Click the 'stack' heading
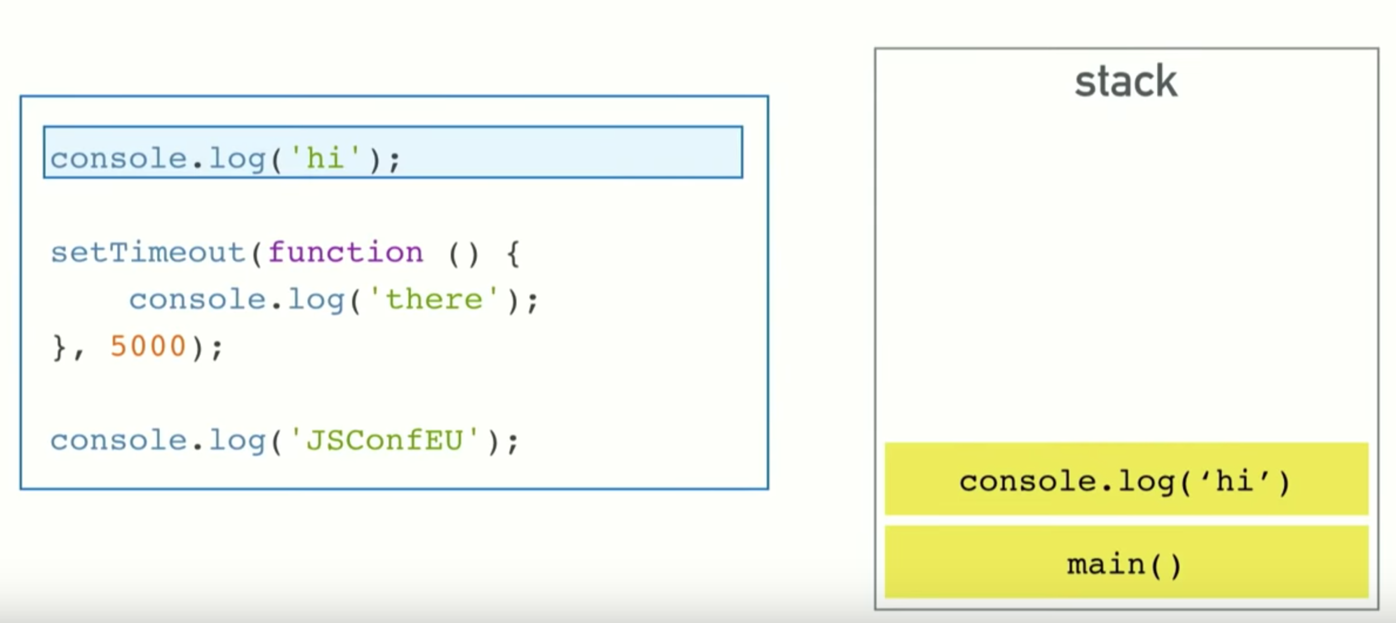pos(1126,82)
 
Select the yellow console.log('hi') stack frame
pos(1126,479)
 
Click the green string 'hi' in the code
pos(325,159)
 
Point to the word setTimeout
pos(148,253)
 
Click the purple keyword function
pos(346,253)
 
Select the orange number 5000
pos(148,346)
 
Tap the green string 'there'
pos(434,299)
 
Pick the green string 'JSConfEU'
pos(385,440)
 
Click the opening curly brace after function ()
pos(513,254)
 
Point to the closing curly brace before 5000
pos(59,348)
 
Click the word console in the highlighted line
pos(118,159)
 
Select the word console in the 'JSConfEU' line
pos(118,440)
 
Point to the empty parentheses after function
pos(463,254)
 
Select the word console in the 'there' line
pos(197,299)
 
